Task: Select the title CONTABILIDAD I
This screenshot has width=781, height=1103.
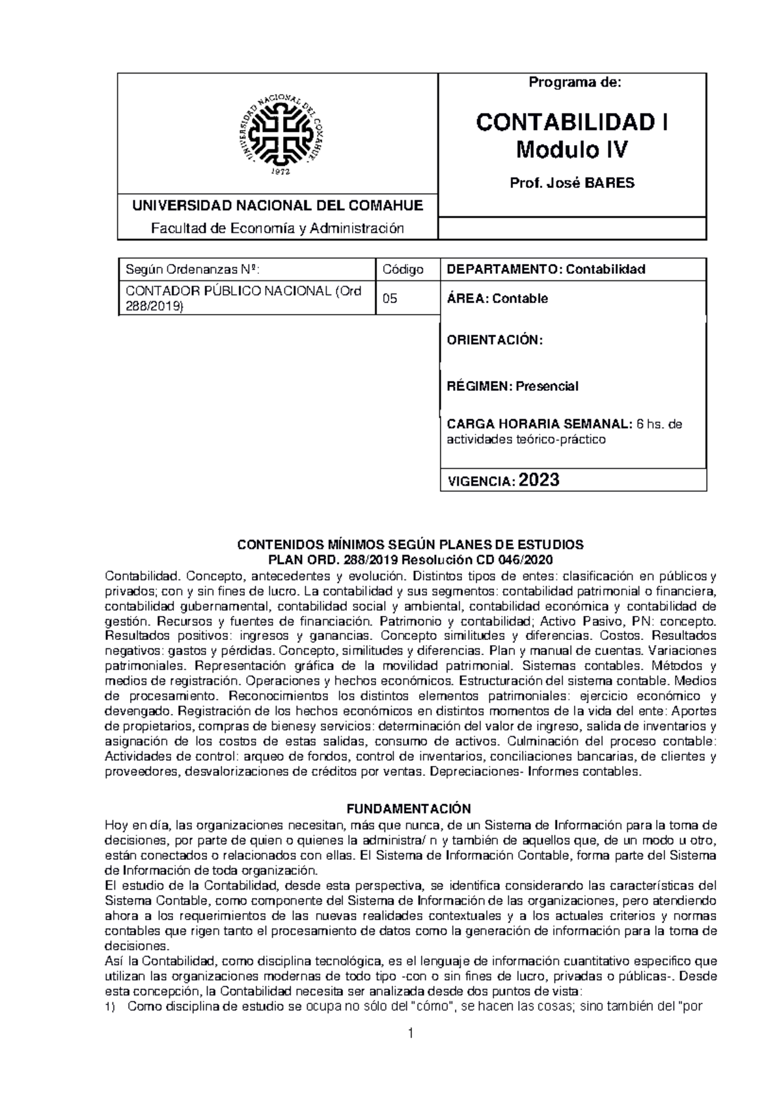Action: coord(572,122)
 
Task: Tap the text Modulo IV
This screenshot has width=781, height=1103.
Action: coord(572,151)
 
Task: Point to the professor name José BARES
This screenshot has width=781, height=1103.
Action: coord(573,183)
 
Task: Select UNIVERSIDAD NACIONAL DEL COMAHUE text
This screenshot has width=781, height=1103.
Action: coord(278,206)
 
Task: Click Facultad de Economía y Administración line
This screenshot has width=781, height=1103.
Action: coord(278,228)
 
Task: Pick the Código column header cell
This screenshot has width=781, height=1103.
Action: coord(403,269)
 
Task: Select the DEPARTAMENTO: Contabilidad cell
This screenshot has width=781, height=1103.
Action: coord(545,269)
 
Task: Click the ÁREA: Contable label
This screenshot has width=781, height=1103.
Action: coord(497,299)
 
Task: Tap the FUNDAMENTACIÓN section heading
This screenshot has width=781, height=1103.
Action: coord(408,809)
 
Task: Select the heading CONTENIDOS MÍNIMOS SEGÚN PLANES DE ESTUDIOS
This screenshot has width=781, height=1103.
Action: coord(409,544)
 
